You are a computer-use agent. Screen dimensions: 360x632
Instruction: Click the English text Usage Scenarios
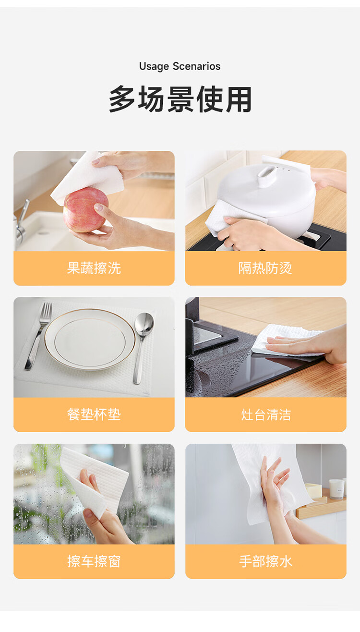pos(180,67)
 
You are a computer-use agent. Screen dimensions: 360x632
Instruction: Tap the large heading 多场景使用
pos(180,99)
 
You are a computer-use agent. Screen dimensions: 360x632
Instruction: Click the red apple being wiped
pos(86,210)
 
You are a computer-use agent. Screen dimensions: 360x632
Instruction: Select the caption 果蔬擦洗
pos(94,268)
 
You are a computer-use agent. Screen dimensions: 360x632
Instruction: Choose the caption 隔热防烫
pos(265,268)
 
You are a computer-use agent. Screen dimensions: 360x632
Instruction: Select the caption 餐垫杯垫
pos(94,414)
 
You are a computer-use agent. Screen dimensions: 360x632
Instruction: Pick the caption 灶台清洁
pos(265,414)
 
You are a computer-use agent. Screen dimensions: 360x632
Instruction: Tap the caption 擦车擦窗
pos(94,561)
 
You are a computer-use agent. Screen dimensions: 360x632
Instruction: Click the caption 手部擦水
pos(265,561)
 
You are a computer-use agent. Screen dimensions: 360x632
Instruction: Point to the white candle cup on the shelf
pos(336,489)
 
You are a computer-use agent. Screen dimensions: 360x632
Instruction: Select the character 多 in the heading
pos(122,99)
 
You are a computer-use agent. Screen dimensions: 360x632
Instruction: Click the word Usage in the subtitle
pos(154,67)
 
